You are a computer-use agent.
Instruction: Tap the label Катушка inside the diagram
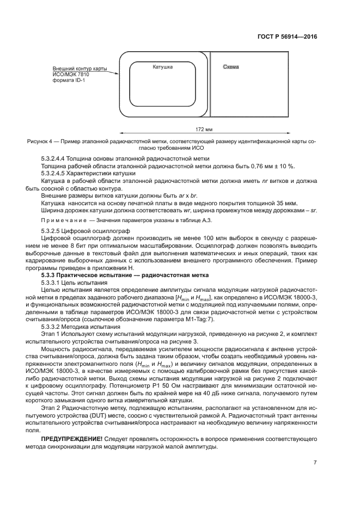(162, 66)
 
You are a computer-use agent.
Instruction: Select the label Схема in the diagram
(230, 66)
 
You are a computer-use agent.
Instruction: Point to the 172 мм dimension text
(204, 130)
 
